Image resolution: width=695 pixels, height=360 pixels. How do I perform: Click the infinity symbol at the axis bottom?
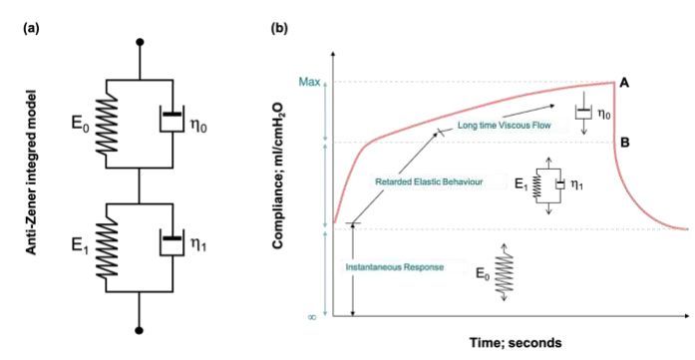point(312,316)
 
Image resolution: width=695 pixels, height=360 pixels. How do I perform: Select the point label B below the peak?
point(623,143)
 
